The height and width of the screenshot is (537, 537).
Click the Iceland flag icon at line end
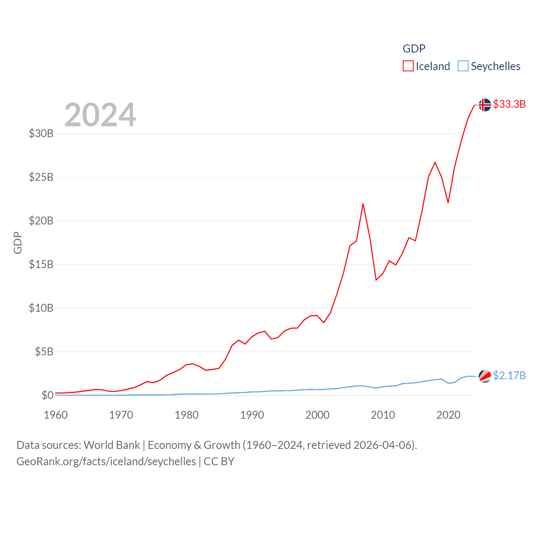[x=485, y=105]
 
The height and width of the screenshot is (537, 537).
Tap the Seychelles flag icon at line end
[x=485, y=376]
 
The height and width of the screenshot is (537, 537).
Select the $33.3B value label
[x=509, y=104]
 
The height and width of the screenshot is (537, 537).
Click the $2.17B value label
[x=509, y=375]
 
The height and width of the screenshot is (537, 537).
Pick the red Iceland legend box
[x=408, y=66]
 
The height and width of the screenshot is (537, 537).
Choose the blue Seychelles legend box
[x=463, y=66]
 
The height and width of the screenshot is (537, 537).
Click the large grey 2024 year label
[x=100, y=115]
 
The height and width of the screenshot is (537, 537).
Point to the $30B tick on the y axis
[x=41, y=134]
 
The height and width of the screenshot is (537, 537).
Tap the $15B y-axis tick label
[x=41, y=264]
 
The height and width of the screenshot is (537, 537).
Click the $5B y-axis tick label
[x=44, y=352]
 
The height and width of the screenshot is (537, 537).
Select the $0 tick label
[x=47, y=395]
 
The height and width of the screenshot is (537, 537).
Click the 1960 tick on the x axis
[x=56, y=415]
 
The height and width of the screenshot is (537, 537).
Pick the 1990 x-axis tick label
[x=252, y=415]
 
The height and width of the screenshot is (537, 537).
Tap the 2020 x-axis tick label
[x=448, y=415]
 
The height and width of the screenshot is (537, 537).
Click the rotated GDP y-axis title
[x=18, y=242]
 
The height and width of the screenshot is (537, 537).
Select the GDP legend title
[x=414, y=49]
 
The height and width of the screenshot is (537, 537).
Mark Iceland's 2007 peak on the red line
[x=363, y=204]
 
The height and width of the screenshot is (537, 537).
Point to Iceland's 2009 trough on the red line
[x=376, y=280]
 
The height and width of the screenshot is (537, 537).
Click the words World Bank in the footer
[x=112, y=445]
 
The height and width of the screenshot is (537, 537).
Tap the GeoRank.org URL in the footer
[x=106, y=461]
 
